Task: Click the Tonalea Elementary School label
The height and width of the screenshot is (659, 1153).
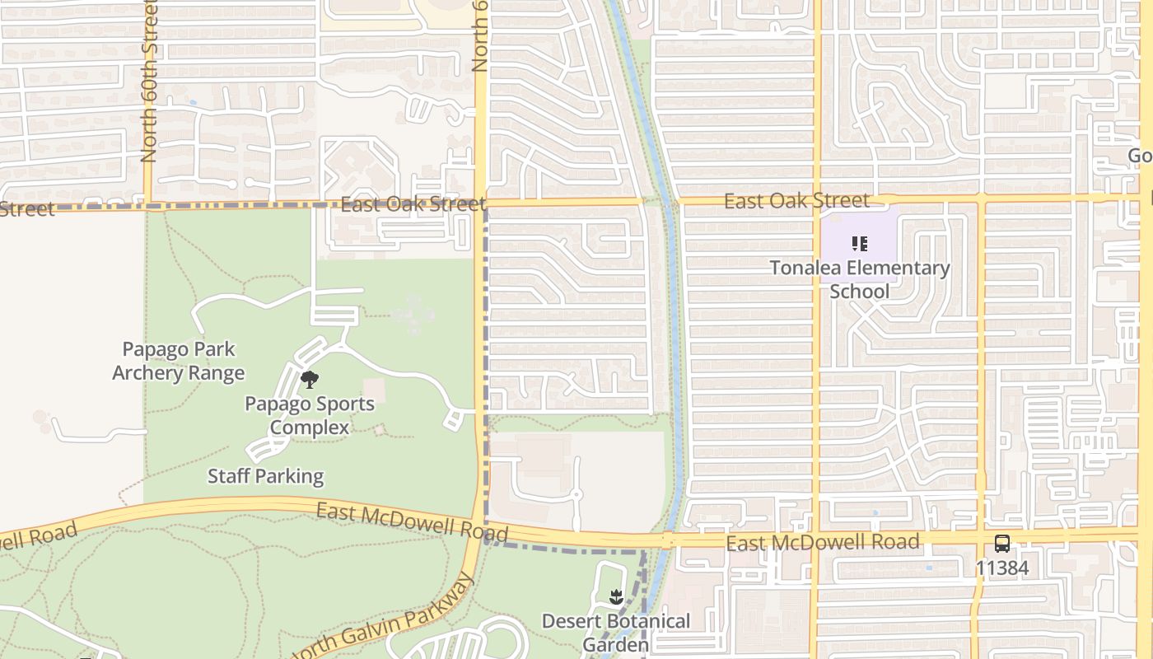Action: click(860, 279)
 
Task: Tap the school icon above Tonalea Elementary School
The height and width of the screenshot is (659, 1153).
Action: click(860, 244)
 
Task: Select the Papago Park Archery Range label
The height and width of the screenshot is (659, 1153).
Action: click(179, 361)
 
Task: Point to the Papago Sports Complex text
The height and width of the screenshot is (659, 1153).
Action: click(310, 415)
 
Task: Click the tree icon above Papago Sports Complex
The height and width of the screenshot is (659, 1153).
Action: click(310, 380)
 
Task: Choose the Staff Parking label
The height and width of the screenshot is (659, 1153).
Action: click(265, 475)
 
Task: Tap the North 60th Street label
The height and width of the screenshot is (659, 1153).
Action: click(149, 82)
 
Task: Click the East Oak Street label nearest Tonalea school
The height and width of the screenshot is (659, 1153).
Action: click(796, 200)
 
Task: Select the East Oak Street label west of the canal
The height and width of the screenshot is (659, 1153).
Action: click(413, 204)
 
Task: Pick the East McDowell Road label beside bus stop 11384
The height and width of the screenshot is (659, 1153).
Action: click(823, 541)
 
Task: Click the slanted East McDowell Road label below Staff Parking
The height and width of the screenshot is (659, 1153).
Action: click(413, 521)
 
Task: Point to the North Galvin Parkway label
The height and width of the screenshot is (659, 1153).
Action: click(384, 618)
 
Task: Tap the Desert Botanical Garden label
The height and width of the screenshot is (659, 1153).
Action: click(616, 632)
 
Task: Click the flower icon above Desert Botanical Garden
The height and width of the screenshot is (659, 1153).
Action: click(616, 596)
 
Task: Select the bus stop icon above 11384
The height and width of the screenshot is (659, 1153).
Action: click(1001, 544)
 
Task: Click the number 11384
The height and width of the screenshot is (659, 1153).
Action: click(1001, 568)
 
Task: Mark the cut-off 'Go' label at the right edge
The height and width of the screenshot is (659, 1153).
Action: click(1140, 156)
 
